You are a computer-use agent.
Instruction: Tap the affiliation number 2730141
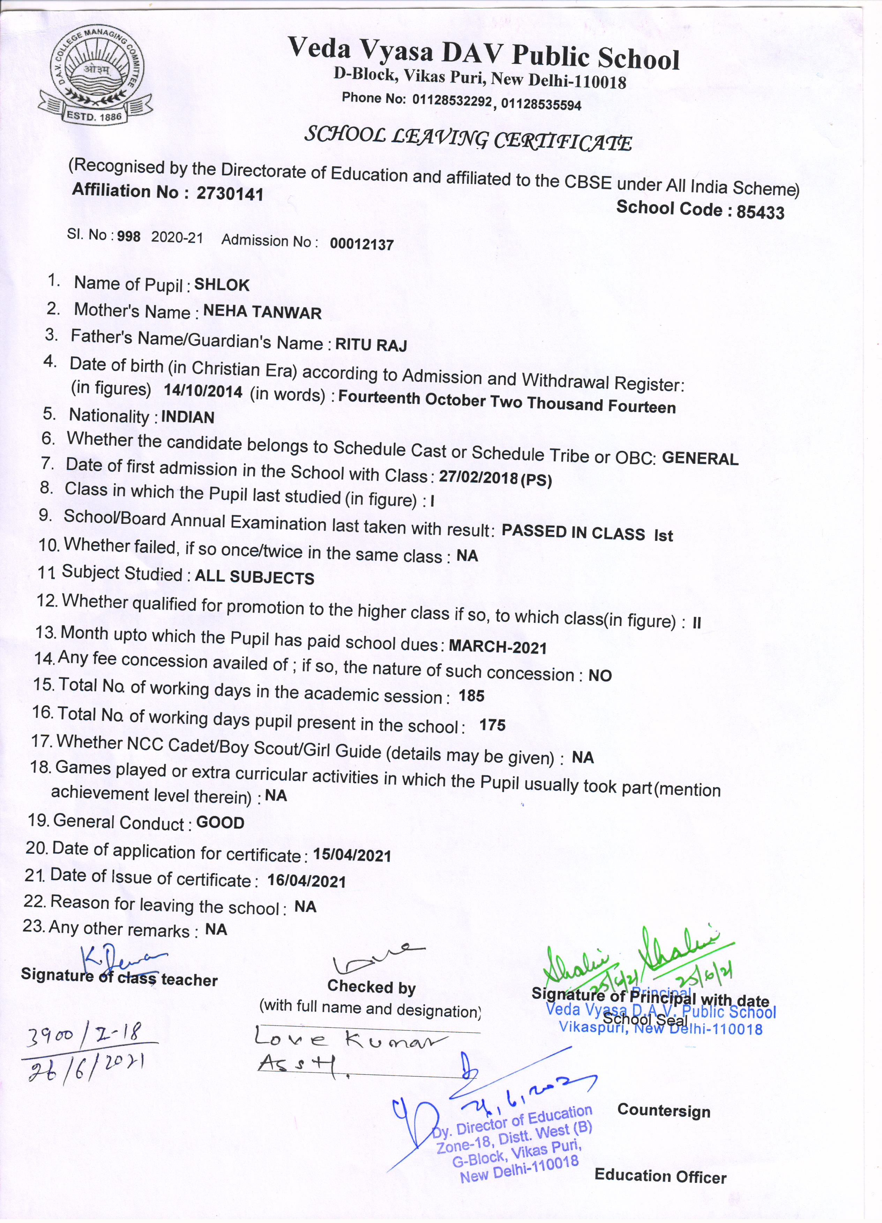pyautogui.click(x=230, y=194)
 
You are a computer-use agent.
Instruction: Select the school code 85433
pyautogui.click(x=760, y=212)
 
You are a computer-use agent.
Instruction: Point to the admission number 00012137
pyautogui.click(x=361, y=244)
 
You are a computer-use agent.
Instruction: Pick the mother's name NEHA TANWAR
pyautogui.click(x=262, y=313)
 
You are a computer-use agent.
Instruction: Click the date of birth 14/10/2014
pyautogui.click(x=203, y=392)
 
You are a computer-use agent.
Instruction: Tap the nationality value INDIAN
pyautogui.click(x=187, y=417)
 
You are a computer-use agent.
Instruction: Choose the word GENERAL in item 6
pyautogui.click(x=700, y=459)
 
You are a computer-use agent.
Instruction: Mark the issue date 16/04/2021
pyautogui.click(x=306, y=882)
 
